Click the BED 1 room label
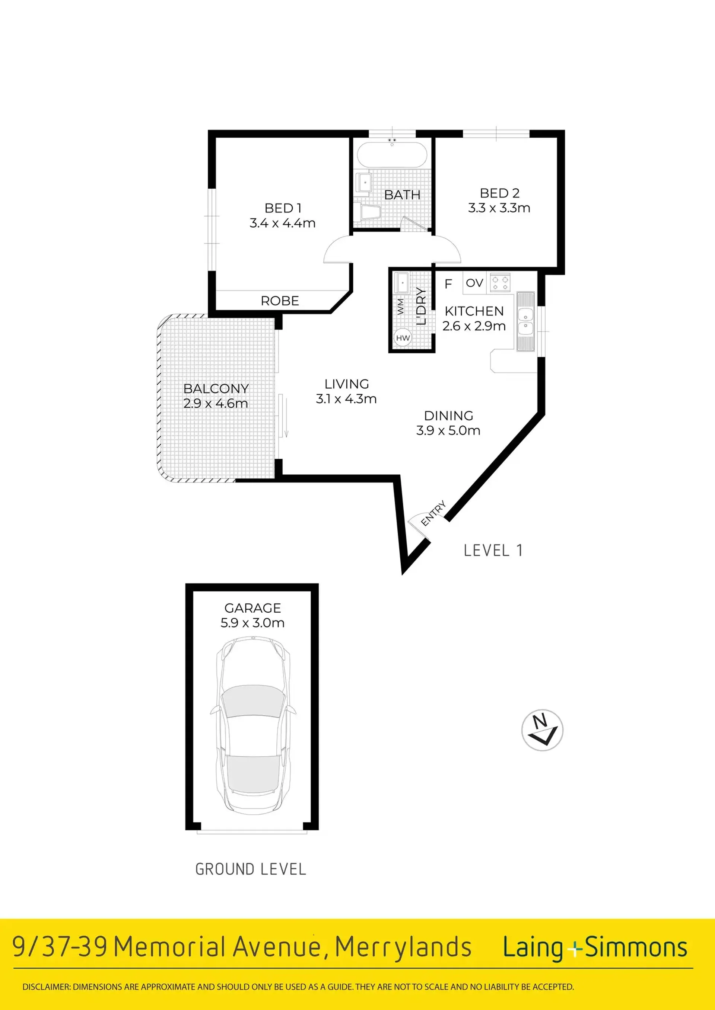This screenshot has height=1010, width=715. click(x=283, y=208)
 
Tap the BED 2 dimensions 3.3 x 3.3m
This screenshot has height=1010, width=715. click(x=499, y=208)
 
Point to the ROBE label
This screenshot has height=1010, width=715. click(x=280, y=301)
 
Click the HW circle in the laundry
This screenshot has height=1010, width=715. click(x=403, y=338)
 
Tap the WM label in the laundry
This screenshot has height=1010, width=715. click(x=400, y=307)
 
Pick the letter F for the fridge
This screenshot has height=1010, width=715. click(x=448, y=284)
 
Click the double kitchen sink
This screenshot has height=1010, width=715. click(x=525, y=321)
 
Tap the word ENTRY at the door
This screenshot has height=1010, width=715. click(x=433, y=513)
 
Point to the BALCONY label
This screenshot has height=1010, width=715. click(x=216, y=388)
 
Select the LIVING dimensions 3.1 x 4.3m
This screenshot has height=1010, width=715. click(x=346, y=399)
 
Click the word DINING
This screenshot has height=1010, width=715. click(x=449, y=416)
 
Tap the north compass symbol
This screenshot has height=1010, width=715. click(x=542, y=730)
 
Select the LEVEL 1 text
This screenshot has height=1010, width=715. click(x=493, y=550)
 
